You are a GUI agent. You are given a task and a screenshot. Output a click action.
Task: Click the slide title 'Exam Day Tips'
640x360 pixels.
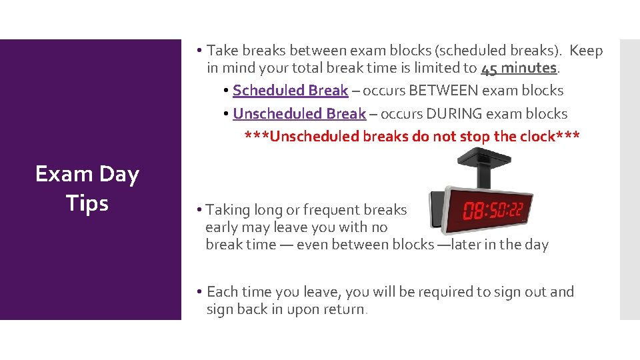point(87,188)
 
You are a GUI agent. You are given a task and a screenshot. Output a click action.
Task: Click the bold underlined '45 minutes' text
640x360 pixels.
point(518,68)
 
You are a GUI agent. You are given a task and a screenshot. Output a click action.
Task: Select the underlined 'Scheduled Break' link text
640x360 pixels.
point(290,91)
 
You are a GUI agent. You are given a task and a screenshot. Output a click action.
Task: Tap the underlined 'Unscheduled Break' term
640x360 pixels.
point(299,114)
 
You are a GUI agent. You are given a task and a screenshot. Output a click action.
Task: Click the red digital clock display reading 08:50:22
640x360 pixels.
point(493,211)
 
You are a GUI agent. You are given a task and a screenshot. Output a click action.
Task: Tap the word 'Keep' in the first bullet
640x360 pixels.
point(587,51)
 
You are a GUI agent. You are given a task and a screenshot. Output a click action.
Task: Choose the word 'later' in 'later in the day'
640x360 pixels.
point(469,245)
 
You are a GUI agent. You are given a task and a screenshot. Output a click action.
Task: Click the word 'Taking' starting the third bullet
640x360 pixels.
point(226,210)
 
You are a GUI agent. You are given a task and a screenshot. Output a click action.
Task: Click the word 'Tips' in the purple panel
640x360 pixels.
point(87,203)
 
